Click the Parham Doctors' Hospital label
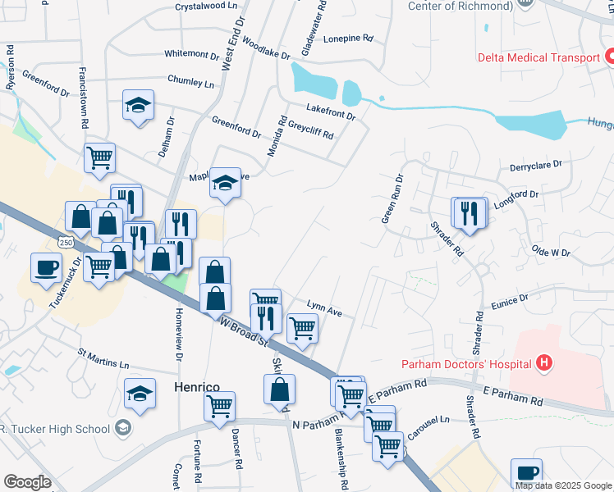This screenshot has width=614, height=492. point(466,363)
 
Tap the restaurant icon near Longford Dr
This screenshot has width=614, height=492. point(469,212)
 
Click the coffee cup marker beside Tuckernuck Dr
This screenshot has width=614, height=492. point(46,266)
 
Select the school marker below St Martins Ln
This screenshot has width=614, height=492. point(140,394)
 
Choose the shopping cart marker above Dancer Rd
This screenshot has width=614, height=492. point(219,406)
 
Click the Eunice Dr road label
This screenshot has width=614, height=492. point(511,303)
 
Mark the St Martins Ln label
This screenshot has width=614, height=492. point(103,359)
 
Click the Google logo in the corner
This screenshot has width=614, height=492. point(27,482)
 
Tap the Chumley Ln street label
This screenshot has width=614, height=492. point(190,83)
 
